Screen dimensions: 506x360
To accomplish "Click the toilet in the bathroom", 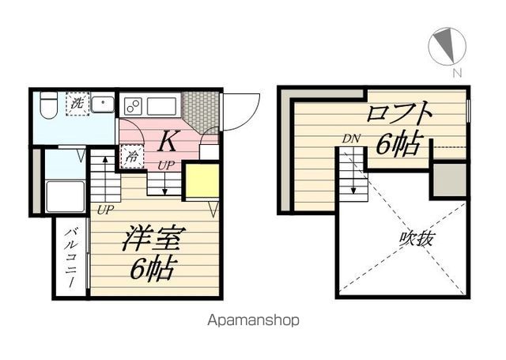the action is [49, 104].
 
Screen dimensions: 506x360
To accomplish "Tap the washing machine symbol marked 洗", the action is [77, 104].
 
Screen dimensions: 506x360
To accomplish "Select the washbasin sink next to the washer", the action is [103, 104].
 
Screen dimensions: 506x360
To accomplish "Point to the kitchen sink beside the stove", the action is [161, 106].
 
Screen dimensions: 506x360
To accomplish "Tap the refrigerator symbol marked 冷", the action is [132, 157].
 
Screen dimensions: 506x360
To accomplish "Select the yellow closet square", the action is [202, 180].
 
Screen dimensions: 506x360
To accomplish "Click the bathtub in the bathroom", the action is [65, 197].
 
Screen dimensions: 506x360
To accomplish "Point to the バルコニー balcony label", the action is [71, 257].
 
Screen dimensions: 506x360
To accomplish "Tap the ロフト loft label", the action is [399, 114].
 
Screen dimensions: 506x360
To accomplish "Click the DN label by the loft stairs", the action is [351, 139].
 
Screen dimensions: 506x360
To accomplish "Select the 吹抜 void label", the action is [416, 240].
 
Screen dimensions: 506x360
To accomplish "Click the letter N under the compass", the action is [457, 73].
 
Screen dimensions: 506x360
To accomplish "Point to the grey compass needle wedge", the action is [446, 45].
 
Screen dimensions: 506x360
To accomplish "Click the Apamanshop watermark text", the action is [253, 320].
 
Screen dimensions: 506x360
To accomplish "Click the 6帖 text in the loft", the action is [399, 144].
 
